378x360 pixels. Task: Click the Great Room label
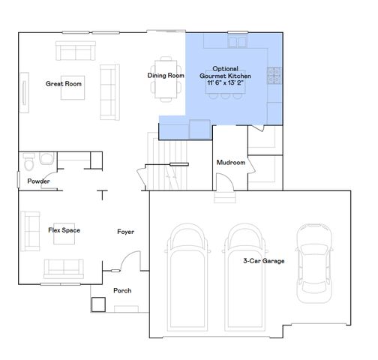tap(63, 84)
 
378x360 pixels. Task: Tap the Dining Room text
tap(166, 76)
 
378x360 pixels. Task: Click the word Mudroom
tap(231, 163)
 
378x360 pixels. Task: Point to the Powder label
tap(38, 181)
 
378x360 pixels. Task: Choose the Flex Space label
tap(64, 230)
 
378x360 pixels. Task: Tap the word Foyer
tap(126, 232)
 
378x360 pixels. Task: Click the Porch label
tap(122, 290)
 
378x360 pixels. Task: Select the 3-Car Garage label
tap(264, 261)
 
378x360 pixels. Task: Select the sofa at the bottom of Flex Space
tap(64, 267)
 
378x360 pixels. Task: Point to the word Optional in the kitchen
tap(225, 67)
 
